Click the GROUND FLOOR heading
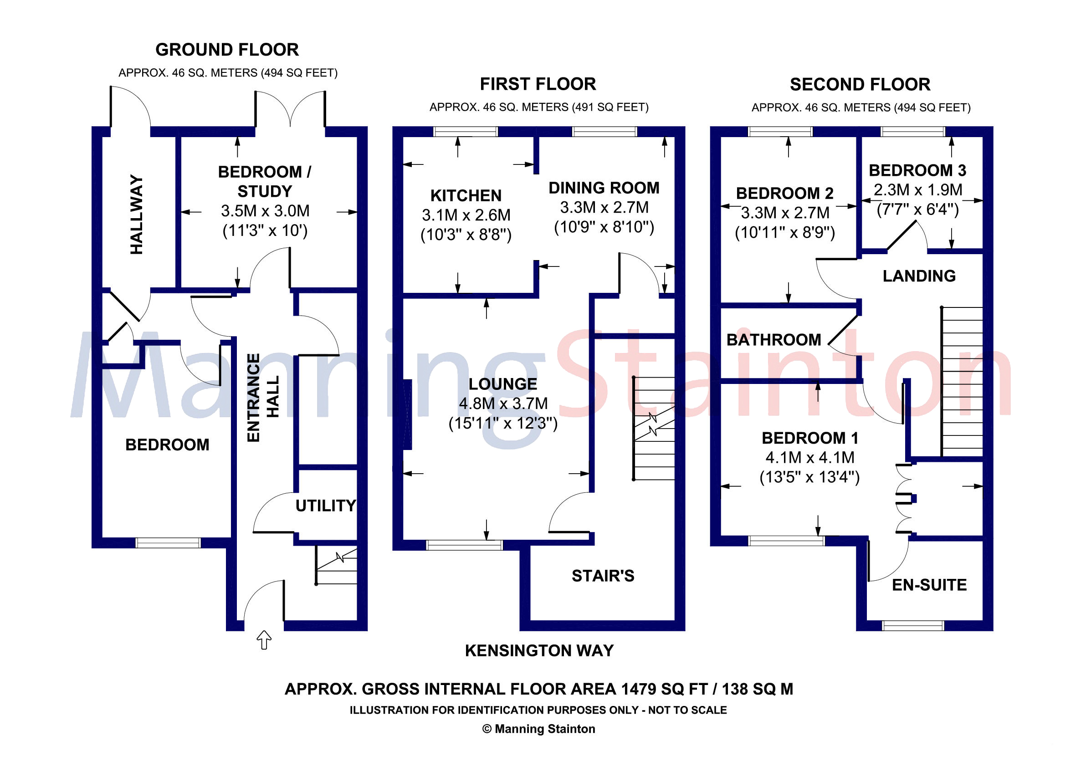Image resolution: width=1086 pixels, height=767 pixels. click(x=227, y=50)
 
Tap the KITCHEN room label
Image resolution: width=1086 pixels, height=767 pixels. click(x=466, y=195)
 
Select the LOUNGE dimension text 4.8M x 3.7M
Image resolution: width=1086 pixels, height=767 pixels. click(x=503, y=404)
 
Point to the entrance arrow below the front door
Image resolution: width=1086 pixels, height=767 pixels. click(x=264, y=640)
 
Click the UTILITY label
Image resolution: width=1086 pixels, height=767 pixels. click(x=325, y=506)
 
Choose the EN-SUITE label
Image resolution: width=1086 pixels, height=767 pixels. click(x=929, y=585)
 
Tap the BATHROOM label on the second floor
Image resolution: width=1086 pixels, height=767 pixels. click(x=774, y=339)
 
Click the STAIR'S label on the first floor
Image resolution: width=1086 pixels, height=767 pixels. click(x=603, y=576)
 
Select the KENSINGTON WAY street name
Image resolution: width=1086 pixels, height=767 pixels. click(x=539, y=651)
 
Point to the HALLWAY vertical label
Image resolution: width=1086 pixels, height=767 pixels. click(x=136, y=214)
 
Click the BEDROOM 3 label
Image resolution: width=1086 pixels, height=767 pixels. click(x=917, y=170)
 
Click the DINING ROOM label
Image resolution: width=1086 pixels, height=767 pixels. click(x=604, y=188)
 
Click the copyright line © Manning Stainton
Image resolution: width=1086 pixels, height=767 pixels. click(x=539, y=729)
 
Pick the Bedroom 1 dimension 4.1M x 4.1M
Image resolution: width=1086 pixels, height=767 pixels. click(x=810, y=457)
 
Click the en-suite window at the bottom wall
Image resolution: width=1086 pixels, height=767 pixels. click(x=913, y=626)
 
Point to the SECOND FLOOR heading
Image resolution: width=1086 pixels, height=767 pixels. click(x=861, y=85)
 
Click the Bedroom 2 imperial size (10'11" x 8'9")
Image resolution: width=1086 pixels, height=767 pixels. click(x=785, y=233)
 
